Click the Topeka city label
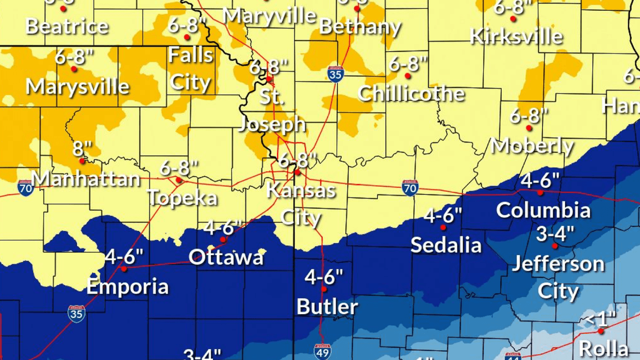(182, 198)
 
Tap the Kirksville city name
(516, 37)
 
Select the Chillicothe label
(411, 94)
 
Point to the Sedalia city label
(446, 245)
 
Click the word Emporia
(127, 286)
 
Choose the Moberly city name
(532, 146)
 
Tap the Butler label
(327, 307)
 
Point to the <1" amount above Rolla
(600, 319)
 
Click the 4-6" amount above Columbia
(540, 181)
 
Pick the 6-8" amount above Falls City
(187, 25)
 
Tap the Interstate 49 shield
(322, 351)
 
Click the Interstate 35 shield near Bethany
(335, 74)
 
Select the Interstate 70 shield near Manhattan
(25, 188)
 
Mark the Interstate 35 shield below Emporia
(76, 313)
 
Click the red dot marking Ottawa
(223, 240)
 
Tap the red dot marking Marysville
(74, 69)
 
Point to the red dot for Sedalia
(443, 227)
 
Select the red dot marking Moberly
(529, 128)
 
